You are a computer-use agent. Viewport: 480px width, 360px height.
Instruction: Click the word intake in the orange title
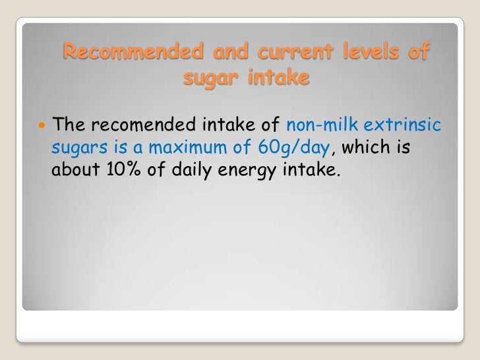tap(276, 78)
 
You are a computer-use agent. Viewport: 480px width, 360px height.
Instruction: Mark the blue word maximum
tap(179, 148)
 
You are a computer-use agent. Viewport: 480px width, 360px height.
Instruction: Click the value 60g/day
tap(297, 148)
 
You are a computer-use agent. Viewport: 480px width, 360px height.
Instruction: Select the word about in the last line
tap(76, 172)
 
